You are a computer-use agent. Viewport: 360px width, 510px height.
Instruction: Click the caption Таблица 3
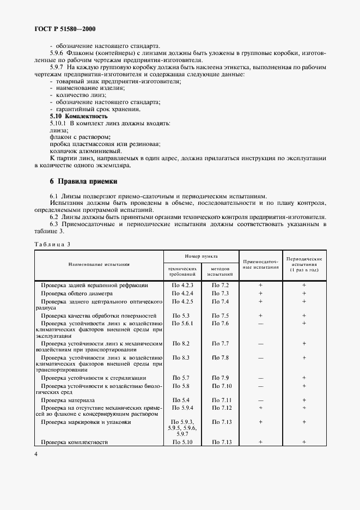(53, 244)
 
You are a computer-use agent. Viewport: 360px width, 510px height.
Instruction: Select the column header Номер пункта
(201, 255)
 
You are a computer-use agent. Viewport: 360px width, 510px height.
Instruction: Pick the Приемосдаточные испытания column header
(260, 264)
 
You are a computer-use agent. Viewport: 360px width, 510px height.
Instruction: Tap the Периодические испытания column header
(304, 264)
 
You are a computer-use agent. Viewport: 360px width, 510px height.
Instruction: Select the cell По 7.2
(221, 285)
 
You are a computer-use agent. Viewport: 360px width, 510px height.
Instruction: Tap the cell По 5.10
(182, 442)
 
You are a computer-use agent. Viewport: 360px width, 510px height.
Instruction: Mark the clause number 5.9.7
(57, 66)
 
